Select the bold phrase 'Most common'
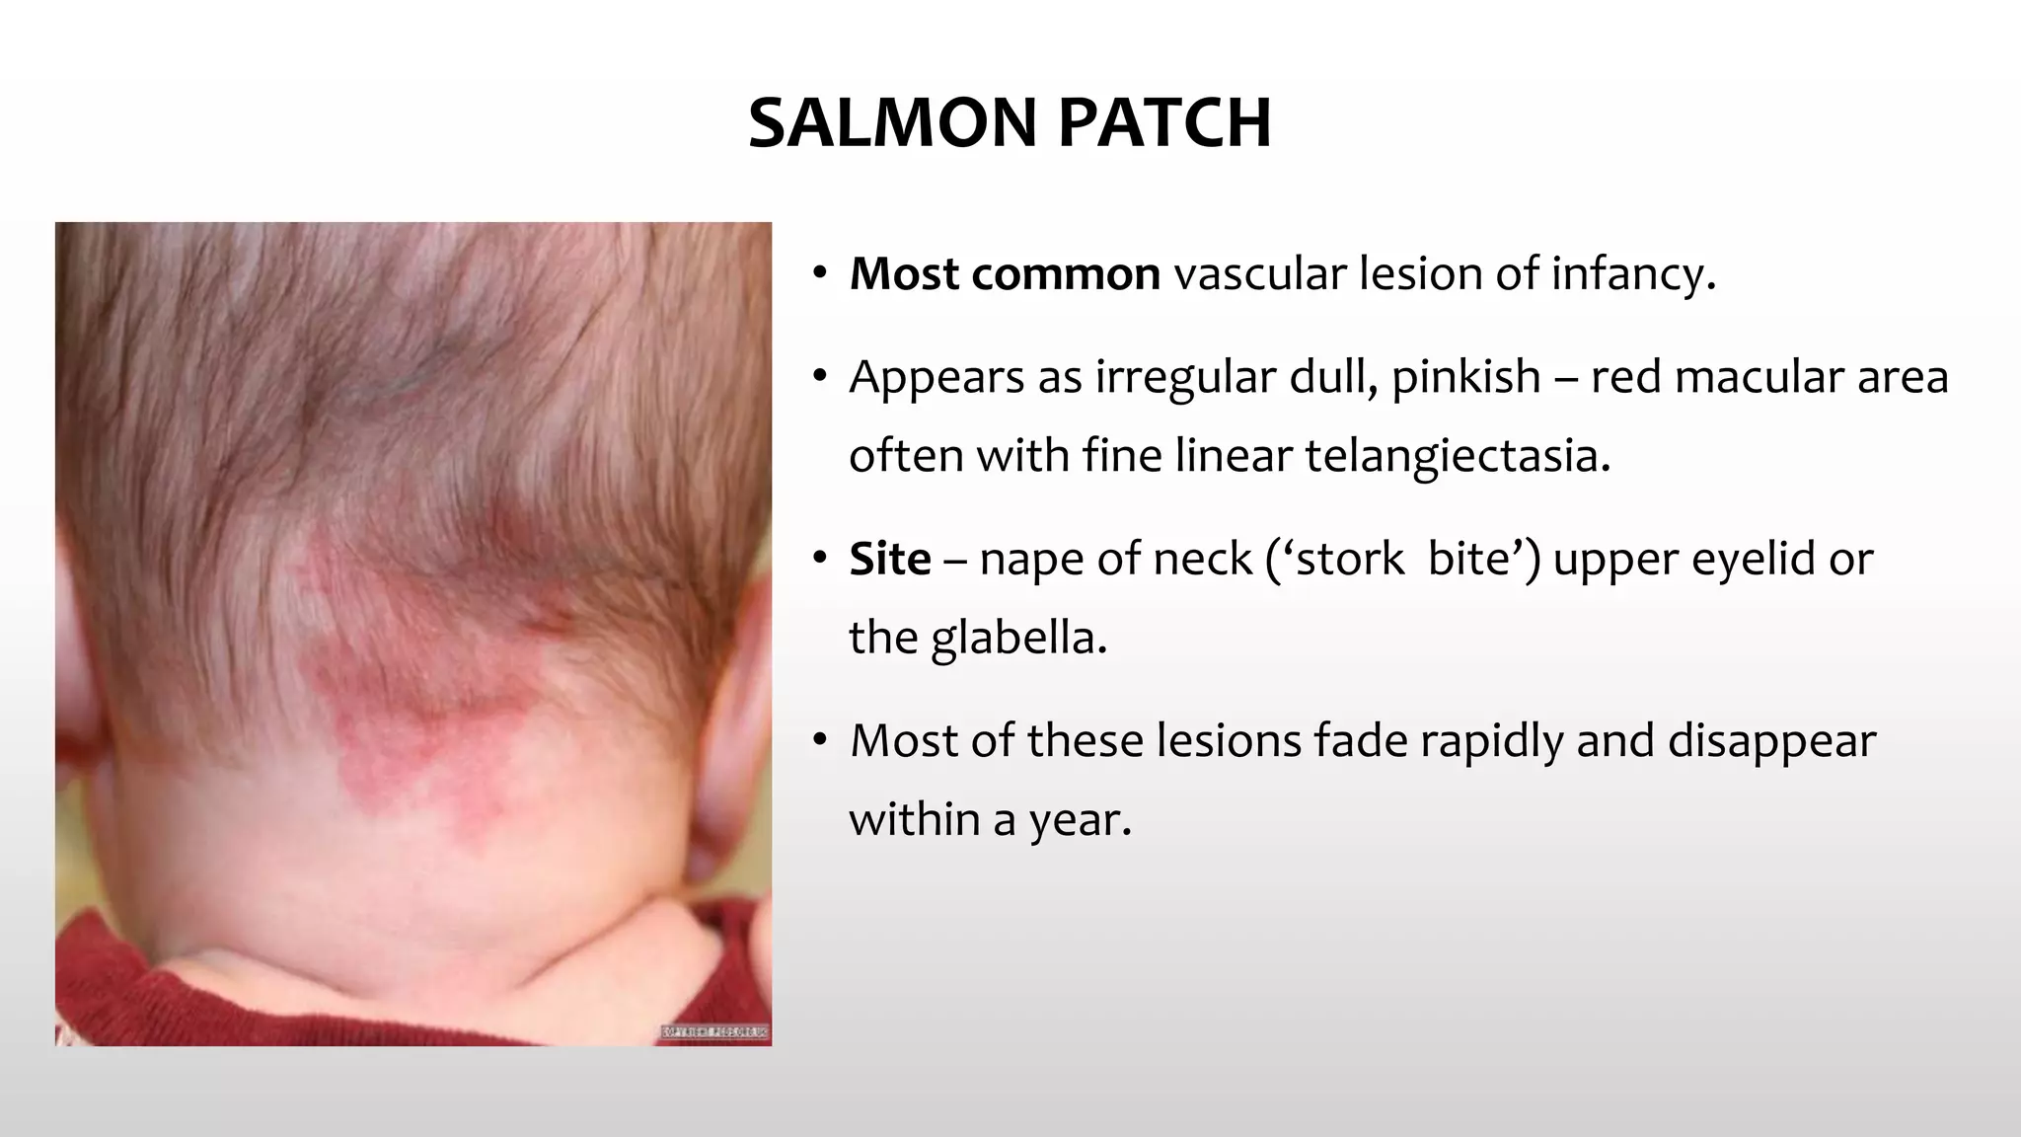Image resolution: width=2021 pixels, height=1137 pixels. (x=1005, y=274)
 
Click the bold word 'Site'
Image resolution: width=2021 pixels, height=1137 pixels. (x=890, y=560)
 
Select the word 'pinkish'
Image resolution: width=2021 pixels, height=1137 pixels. (x=1465, y=378)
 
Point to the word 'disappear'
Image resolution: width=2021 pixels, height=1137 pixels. (x=1771, y=741)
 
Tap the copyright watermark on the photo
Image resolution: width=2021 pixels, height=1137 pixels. (x=714, y=1032)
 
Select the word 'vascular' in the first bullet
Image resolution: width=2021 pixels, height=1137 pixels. (x=1259, y=274)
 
